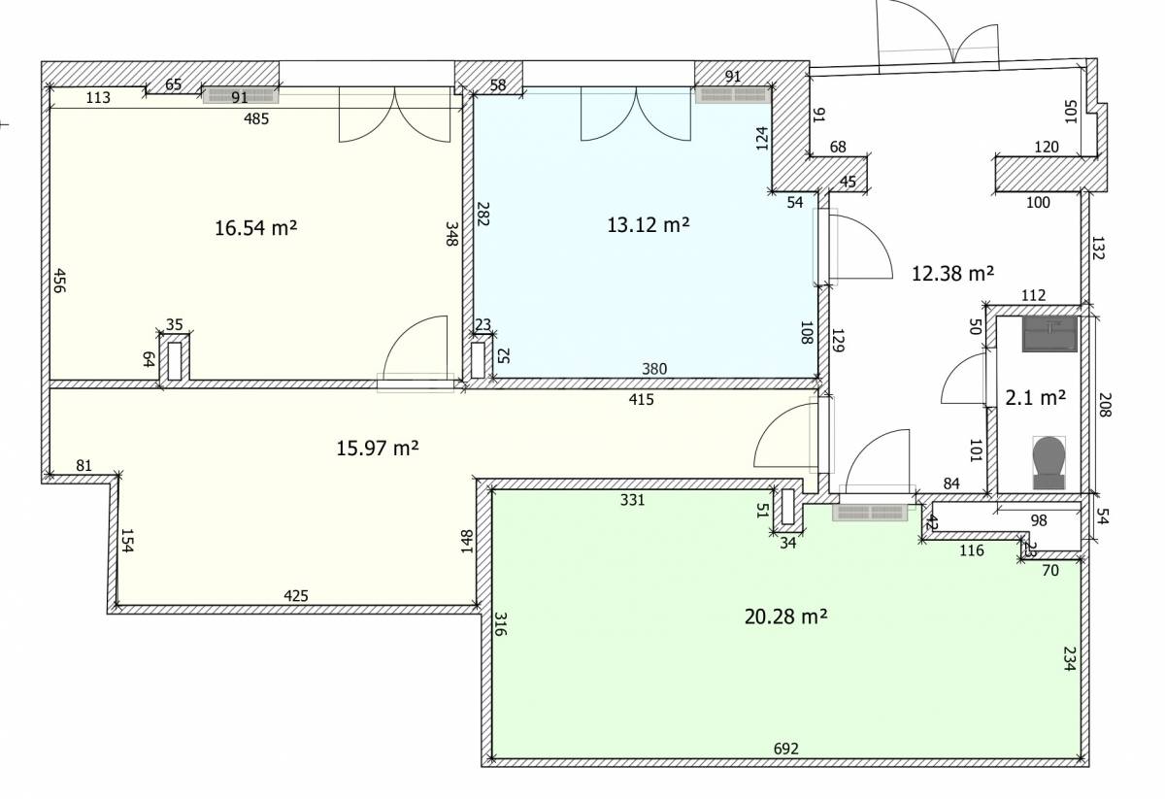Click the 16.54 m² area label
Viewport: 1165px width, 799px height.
256,228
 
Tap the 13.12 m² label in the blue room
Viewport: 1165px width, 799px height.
649,224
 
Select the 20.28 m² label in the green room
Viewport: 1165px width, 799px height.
785,616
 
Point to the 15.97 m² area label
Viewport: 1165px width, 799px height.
378,448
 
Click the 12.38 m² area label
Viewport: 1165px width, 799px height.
952,273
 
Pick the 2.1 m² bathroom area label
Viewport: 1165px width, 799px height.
1036,398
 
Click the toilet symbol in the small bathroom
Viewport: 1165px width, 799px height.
1048,462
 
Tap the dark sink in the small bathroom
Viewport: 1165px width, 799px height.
1049,333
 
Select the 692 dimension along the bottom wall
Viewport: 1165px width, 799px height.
785,749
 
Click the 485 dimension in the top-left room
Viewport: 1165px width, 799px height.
256,119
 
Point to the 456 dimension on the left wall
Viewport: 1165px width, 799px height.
60,281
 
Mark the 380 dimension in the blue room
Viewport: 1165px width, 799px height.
654,369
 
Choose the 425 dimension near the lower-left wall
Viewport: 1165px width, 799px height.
296,595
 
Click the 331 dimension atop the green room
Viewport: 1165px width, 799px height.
632,500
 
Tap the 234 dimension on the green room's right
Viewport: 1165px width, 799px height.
1069,658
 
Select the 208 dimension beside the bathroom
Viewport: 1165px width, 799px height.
1106,405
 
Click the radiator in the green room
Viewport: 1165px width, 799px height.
870,513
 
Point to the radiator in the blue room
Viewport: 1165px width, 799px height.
733,95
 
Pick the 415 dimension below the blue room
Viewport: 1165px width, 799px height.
642,400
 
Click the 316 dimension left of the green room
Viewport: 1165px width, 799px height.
500,624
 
